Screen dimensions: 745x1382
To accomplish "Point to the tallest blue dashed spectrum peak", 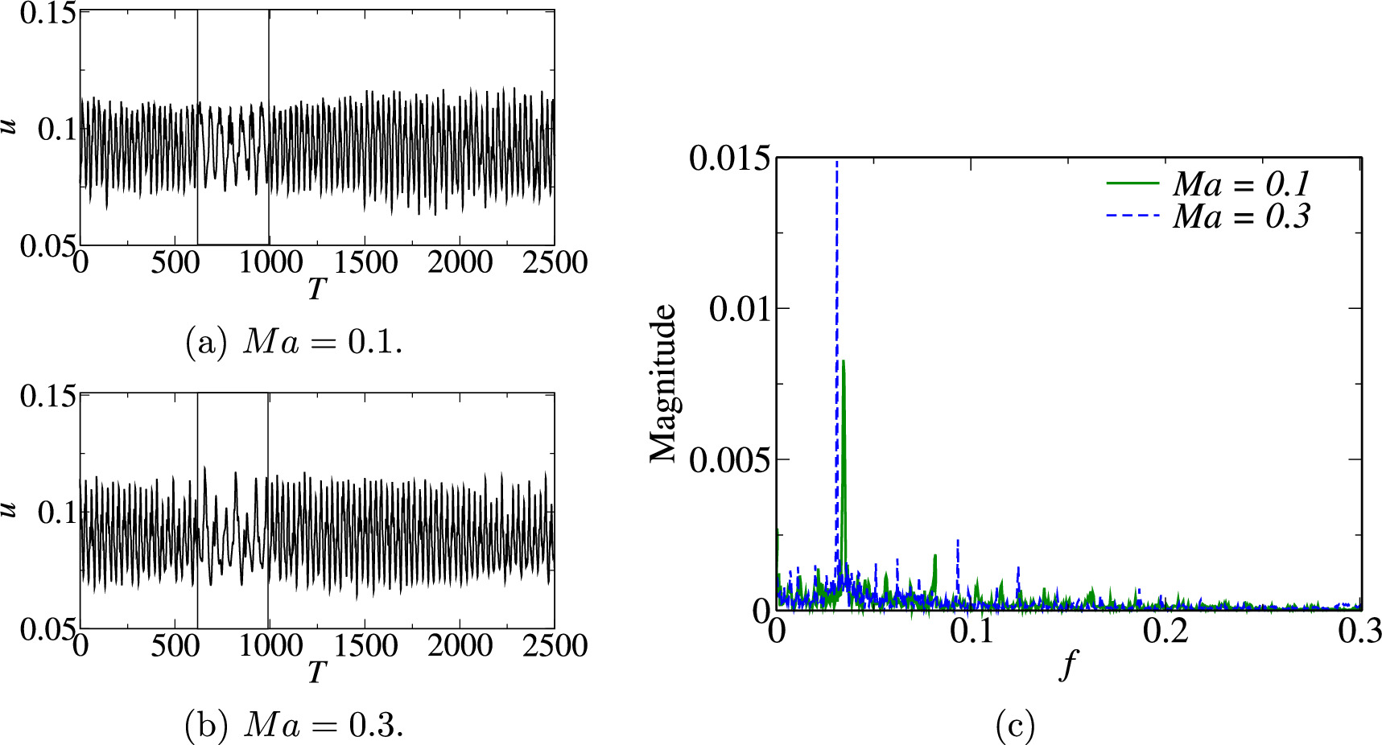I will tap(837, 163).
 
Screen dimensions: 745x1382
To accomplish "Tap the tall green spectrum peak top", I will tap(843, 362).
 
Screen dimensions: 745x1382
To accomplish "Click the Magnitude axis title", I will tap(664, 383).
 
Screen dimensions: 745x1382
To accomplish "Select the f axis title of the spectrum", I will tap(1068, 666).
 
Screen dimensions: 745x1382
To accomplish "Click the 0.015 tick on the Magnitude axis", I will tap(728, 158).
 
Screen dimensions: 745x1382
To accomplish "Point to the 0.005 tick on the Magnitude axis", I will tap(728, 459).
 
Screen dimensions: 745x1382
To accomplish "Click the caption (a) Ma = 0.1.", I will tap(294, 343).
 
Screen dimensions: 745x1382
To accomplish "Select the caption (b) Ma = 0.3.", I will tap(294, 726).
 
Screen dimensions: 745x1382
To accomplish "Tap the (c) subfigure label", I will tap(1014, 726).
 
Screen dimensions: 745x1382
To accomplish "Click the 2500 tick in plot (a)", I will tap(555, 262).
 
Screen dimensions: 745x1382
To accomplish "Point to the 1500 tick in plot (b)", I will tap(365, 645).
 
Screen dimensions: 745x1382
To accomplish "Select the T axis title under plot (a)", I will tap(316, 288).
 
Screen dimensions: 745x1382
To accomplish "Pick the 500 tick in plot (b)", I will tap(175, 645).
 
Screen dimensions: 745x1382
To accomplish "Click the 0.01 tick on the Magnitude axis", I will tap(737, 308).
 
